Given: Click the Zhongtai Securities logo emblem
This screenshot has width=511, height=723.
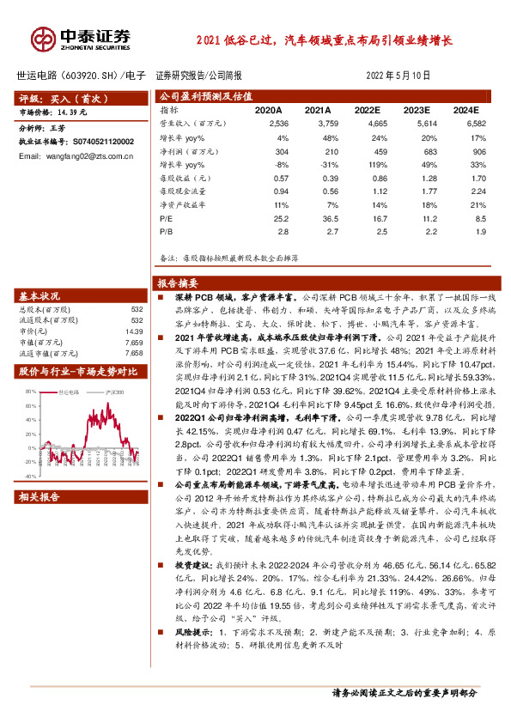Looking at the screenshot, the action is [43, 39].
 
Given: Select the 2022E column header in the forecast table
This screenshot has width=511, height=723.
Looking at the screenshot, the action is [367, 111].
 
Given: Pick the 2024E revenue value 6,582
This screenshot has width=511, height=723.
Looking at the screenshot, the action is [465, 124].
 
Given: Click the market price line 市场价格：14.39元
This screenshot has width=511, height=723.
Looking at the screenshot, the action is [54, 112].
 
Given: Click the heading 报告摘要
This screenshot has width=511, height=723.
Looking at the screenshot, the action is [178, 283].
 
